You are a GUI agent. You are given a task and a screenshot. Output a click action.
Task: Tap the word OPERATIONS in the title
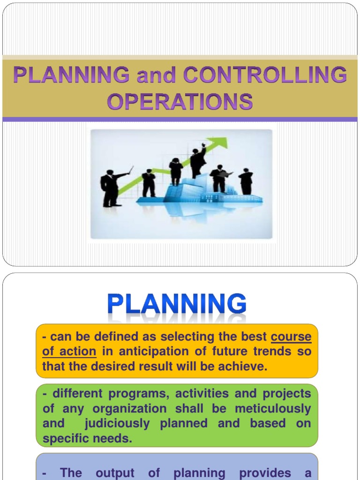[x=180, y=101]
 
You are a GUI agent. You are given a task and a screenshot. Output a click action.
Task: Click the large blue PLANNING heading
[x=177, y=305]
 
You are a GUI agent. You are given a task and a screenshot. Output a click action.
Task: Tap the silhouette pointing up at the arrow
[x=197, y=161]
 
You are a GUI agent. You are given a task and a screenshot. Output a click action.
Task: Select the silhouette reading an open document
[x=219, y=179]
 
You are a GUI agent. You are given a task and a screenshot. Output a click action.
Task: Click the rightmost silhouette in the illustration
[x=246, y=181]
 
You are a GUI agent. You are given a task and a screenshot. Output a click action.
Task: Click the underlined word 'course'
[x=291, y=337]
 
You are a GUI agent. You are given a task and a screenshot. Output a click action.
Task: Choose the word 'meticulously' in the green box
[x=273, y=409]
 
